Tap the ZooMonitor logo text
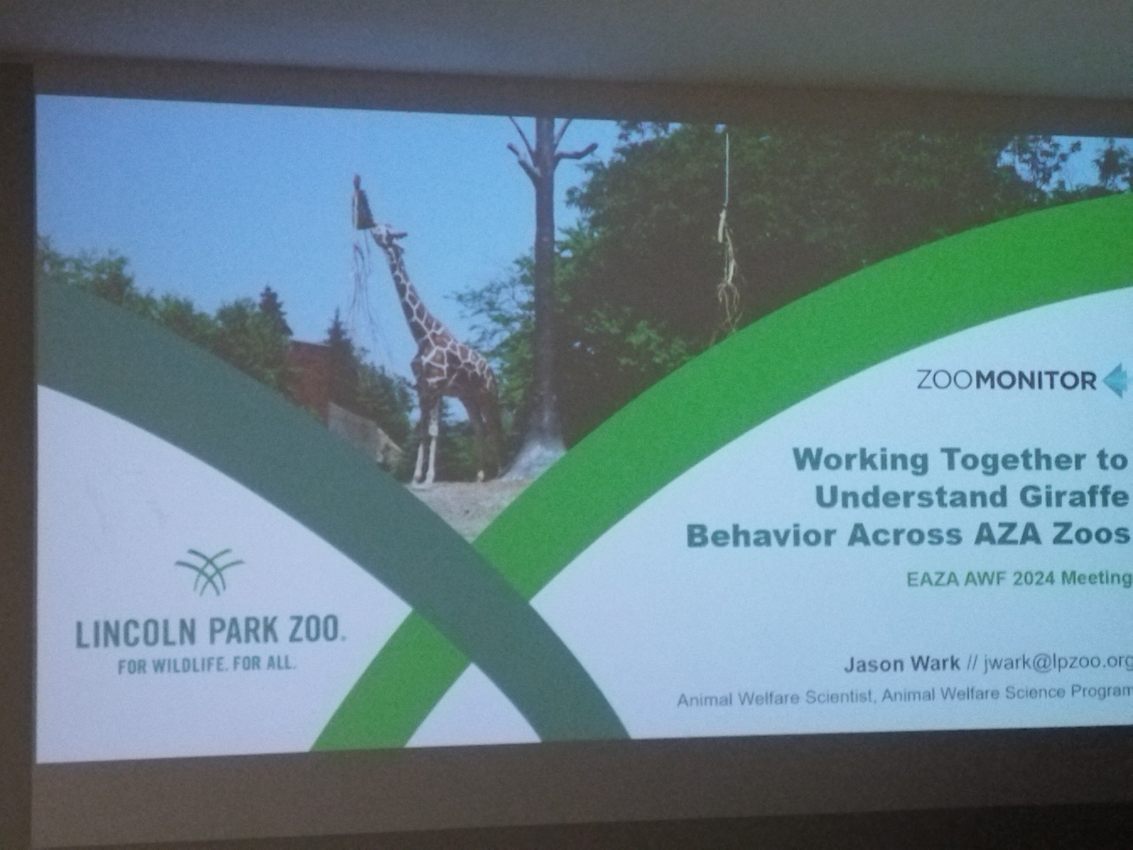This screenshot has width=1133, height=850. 1006,381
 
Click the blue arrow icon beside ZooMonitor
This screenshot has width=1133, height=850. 1116,380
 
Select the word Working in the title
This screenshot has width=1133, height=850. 860,460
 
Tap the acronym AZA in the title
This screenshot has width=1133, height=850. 1006,535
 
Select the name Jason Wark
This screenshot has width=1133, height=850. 902,664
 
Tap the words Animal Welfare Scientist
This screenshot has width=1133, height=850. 774,699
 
